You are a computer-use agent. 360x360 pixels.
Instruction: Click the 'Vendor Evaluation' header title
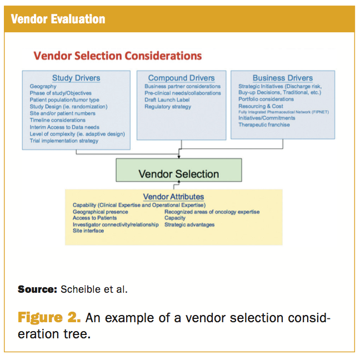coord(58,19)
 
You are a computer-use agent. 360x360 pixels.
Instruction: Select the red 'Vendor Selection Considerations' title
coord(117,56)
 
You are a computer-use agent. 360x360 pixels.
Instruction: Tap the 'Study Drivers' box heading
coord(76,78)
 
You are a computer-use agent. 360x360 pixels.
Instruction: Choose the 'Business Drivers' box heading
coord(283,78)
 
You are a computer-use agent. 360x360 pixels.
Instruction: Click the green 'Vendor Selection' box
coord(179,173)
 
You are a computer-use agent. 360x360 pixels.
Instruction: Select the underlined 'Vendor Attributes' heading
coord(173,197)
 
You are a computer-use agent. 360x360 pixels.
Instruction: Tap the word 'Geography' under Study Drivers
coord(43,87)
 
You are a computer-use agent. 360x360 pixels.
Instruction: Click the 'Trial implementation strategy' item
coord(64,141)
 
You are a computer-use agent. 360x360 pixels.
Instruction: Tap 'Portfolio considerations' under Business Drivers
coord(266,99)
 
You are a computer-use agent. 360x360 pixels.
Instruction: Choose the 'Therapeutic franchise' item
coord(264,125)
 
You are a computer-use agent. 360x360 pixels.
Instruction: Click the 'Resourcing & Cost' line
coord(261,106)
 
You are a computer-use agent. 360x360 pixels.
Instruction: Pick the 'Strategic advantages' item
coord(189,225)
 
